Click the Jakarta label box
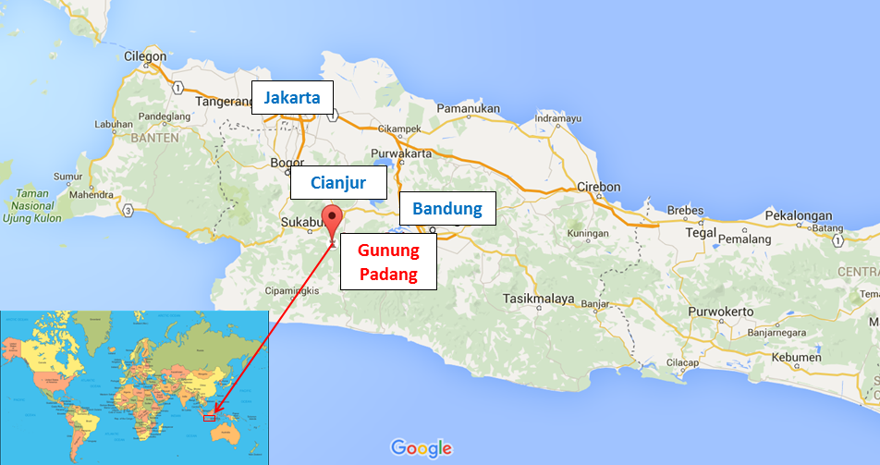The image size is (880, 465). click(x=292, y=97)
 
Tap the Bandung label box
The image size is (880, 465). click(x=447, y=208)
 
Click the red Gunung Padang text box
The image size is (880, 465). click(x=388, y=263)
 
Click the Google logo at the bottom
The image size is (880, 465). click(x=422, y=448)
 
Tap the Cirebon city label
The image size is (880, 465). click(x=598, y=187)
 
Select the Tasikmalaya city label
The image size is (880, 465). click(x=539, y=299)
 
